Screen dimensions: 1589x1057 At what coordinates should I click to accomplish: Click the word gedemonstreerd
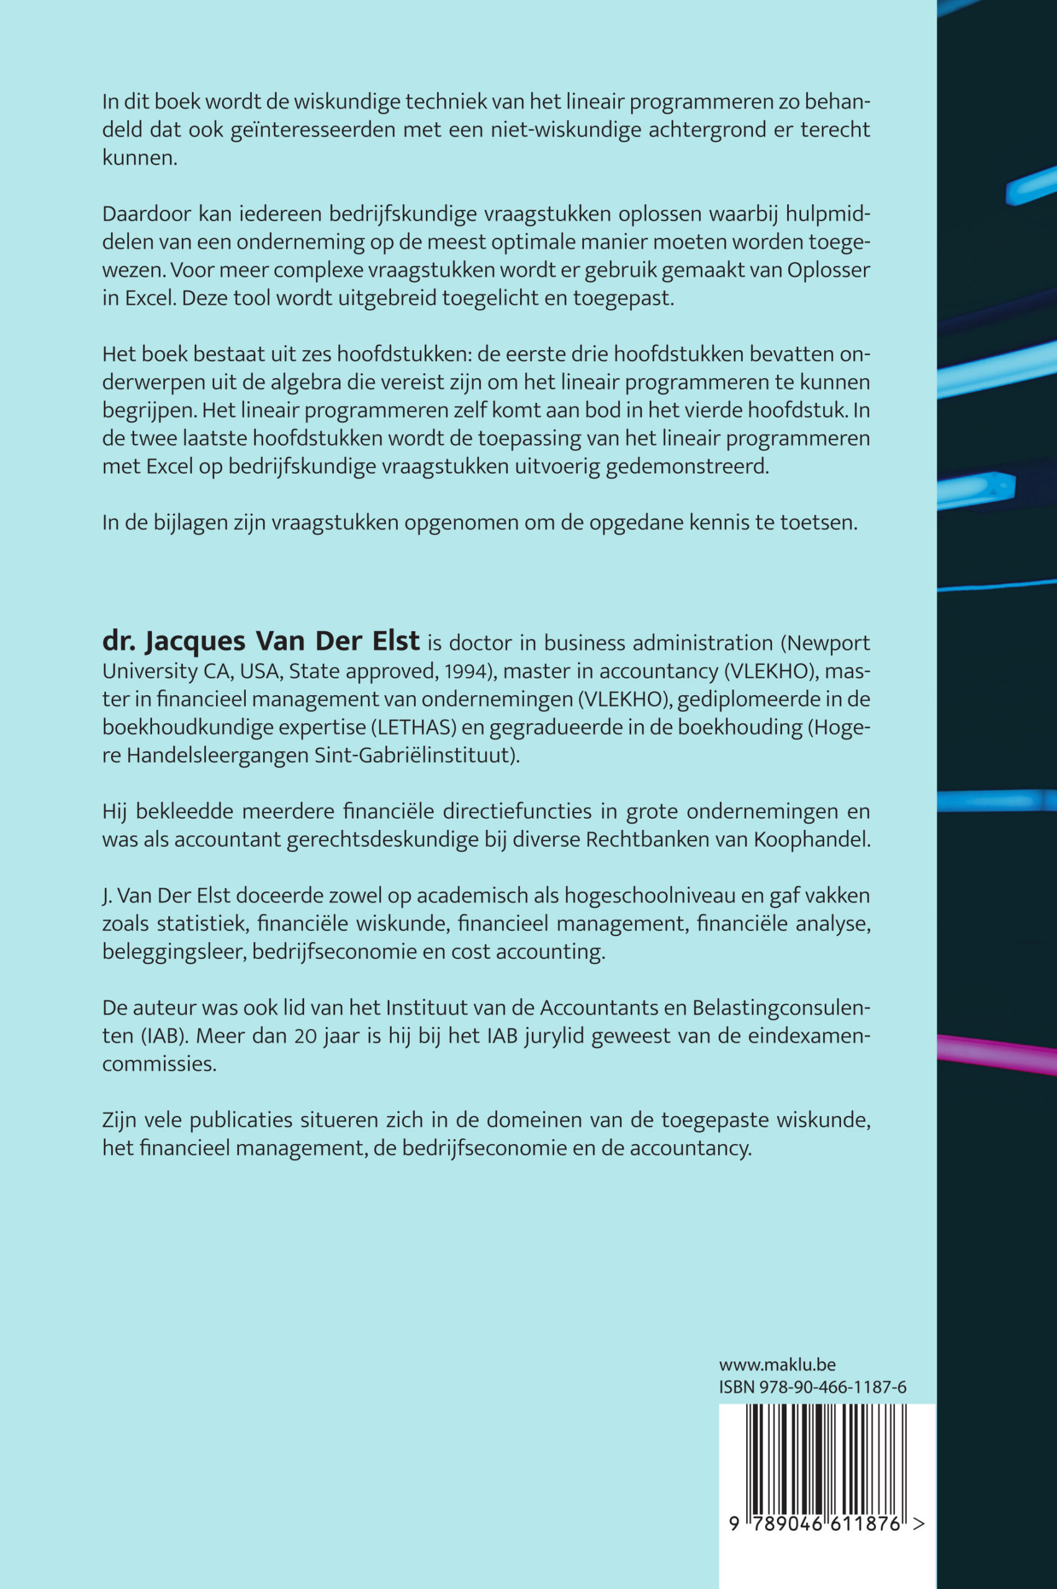pyautogui.click(x=687, y=467)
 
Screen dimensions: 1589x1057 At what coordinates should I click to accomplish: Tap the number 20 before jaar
pyautogui.click(x=305, y=1035)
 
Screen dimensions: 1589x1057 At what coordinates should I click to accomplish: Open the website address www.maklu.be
pyautogui.click(x=776, y=1364)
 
